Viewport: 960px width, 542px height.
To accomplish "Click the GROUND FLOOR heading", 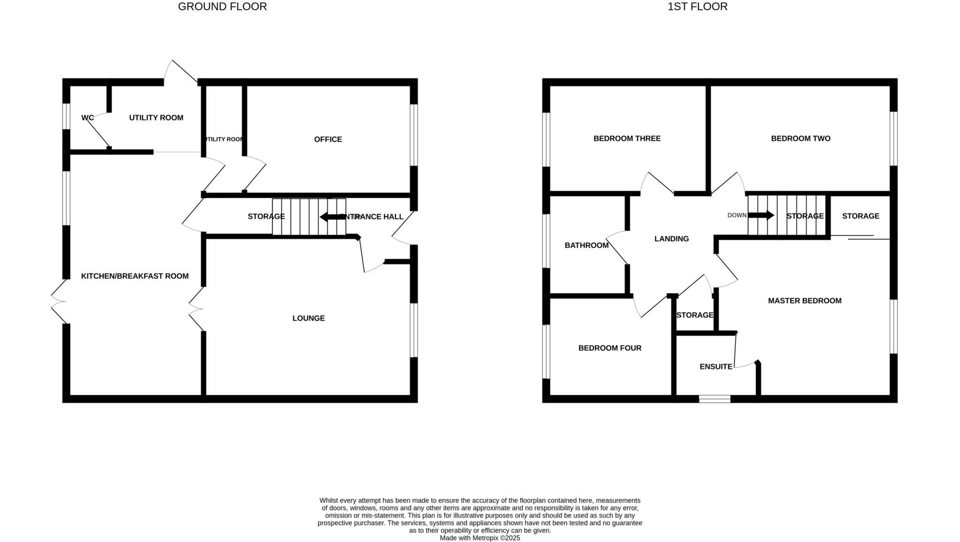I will (x=222, y=7).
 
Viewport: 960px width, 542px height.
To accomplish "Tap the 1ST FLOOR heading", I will (x=697, y=7).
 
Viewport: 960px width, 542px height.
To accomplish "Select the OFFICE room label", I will (x=328, y=139).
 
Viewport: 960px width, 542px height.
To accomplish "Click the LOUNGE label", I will (x=308, y=318).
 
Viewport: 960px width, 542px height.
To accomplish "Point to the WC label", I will (x=88, y=118).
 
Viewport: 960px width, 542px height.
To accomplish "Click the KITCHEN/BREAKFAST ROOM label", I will (x=135, y=276).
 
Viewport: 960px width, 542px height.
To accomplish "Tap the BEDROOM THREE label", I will (x=627, y=138).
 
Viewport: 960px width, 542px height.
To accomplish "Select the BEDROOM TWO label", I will (x=801, y=138).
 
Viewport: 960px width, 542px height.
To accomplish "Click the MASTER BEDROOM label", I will (x=804, y=301).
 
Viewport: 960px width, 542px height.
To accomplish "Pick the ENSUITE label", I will (x=716, y=367).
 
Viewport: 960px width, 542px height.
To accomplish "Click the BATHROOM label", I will (x=586, y=245).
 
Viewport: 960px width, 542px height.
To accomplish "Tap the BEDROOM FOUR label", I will (x=609, y=348).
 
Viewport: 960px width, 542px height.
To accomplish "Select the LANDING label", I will (x=671, y=239).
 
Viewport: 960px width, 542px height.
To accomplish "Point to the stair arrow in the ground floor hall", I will (x=332, y=217).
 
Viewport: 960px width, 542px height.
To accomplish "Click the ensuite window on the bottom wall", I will (x=714, y=399).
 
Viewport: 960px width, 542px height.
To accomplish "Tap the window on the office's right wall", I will (x=414, y=135).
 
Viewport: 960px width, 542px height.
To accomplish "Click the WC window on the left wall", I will (x=66, y=116).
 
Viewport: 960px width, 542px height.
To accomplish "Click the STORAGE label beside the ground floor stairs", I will (x=266, y=216).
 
